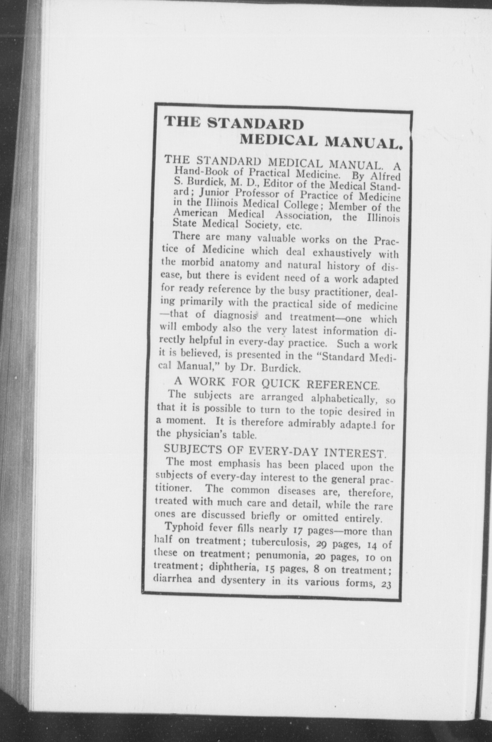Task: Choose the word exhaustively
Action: coord(344,253)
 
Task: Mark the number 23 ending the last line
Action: coord(386,584)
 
